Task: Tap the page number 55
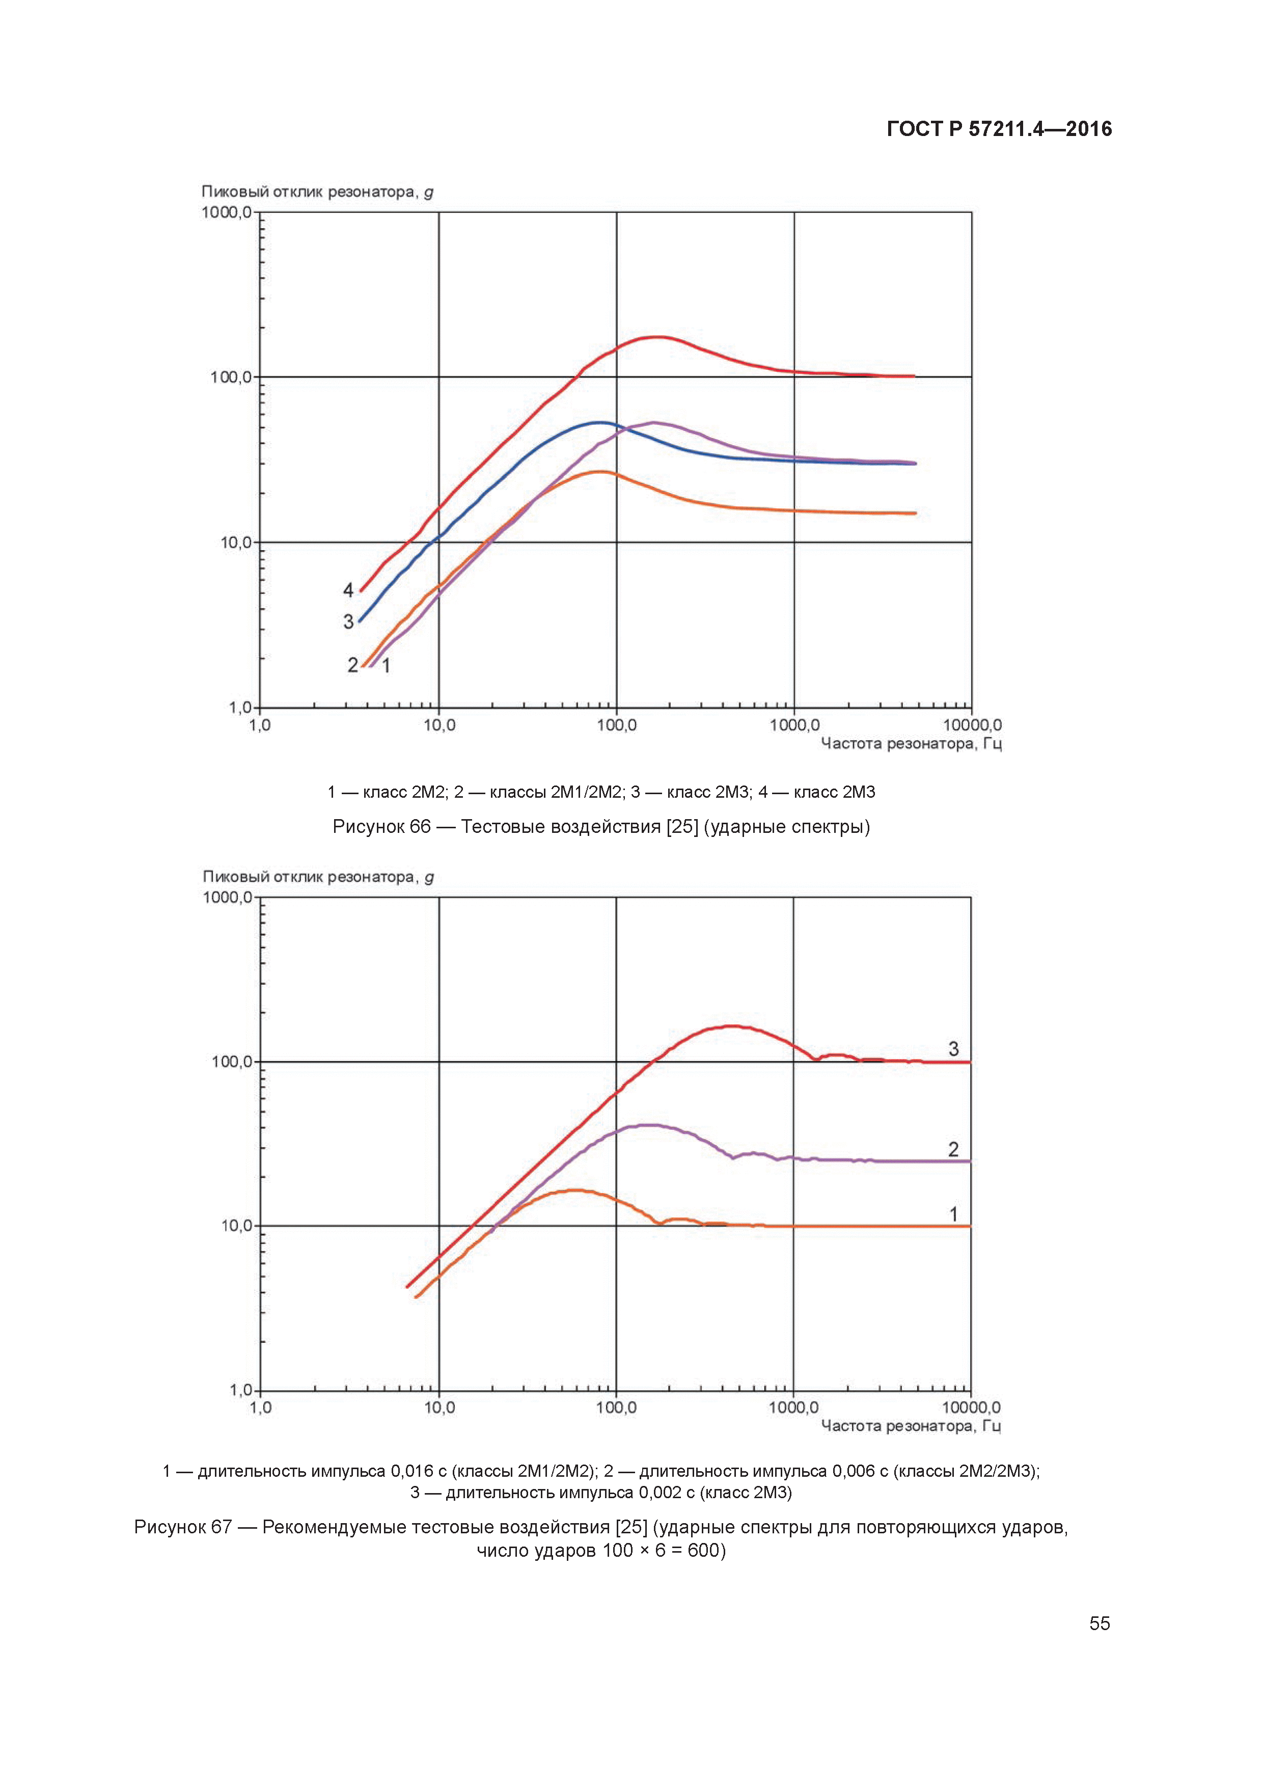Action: click(x=1099, y=1623)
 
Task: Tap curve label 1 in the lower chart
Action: click(x=953, y=1213)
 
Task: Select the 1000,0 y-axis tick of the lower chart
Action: click(x=227, y=898)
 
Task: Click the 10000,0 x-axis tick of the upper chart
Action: click(x=972, y=725)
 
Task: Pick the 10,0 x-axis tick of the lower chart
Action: click(x=439, y=1407)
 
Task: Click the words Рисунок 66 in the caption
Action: click(x=381, y=827)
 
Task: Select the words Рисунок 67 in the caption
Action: click(x=183, y=1527)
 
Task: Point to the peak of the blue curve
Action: click(x=599, y=423)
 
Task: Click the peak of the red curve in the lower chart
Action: click(x=733, y=1026)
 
